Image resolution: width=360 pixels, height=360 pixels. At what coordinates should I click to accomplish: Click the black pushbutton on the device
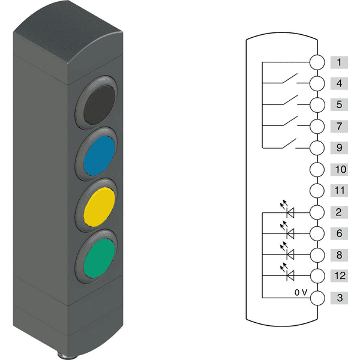[99, 105]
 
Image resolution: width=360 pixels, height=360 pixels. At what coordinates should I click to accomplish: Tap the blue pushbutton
[99, 155]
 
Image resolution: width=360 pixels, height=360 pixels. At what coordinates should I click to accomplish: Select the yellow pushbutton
[99, 207]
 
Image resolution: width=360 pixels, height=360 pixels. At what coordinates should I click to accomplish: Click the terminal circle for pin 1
[317, 62]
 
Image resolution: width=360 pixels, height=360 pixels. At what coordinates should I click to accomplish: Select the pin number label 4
[339, 83]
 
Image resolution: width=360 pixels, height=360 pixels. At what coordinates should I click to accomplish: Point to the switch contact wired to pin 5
[290, 100]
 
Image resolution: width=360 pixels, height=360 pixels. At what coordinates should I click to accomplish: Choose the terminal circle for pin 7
[317, 126]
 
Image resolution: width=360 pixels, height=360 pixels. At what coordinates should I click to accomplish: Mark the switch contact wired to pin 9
[289, 143]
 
